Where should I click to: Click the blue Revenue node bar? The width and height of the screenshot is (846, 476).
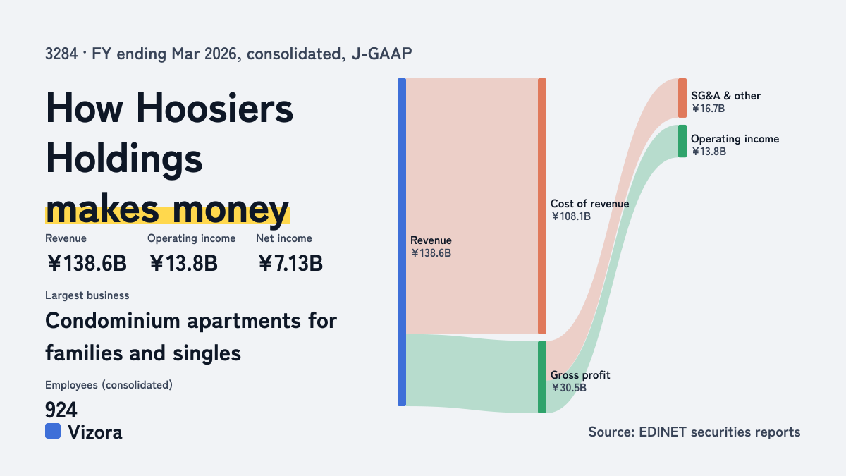click(402, 242)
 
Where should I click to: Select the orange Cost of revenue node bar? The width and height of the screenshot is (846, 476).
click(542, 206)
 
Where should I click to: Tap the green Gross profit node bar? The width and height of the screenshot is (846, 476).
click(542, 377)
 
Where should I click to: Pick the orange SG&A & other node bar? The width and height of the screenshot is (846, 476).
click(682, 98)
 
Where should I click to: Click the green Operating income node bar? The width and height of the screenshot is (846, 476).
click(682, 141)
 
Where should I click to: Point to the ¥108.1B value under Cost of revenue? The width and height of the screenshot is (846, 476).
click(570, 216)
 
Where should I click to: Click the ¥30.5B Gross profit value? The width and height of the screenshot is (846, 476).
click(569, 388)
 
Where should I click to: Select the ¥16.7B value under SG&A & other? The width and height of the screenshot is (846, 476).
click(708, 109)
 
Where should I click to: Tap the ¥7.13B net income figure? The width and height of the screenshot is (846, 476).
click(290, 263)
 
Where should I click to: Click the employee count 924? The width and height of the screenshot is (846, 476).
click(61, 410)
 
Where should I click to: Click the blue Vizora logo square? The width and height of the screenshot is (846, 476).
click(53, 431)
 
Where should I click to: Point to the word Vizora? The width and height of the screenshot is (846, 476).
click(95, 432)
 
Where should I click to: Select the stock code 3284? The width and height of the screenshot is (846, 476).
click(61, 54)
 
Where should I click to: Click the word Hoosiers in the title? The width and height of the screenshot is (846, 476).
click(214, 108)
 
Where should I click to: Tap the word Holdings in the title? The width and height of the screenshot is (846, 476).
click(124, 158)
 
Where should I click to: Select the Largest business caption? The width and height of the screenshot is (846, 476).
click(87, 295)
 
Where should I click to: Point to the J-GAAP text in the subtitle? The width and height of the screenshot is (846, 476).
click(381, 54)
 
